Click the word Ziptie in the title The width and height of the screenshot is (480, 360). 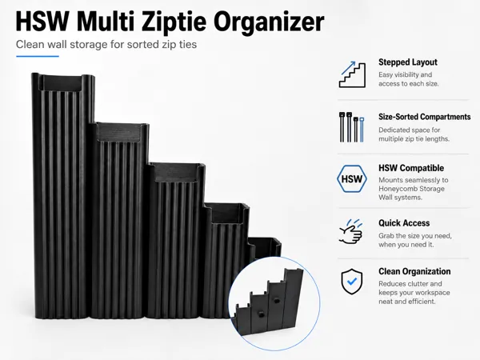point(174,22)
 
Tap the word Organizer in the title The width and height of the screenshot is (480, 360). point(269,22)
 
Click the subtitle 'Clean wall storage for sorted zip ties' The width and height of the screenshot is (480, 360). point(106,44)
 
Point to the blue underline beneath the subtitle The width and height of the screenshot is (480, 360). point(38,56)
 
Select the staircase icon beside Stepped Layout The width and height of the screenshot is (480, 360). point(352,74)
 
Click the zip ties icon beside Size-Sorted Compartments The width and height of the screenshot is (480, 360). point(351,127)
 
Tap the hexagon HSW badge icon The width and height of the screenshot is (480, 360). point(352,178)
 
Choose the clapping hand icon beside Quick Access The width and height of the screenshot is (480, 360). point(351,231)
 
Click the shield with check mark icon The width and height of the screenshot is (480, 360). point(352,282)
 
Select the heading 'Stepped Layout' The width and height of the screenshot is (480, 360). point(408,62)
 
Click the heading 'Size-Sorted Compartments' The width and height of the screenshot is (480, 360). point(424,117)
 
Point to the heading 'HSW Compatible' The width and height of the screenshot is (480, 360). point(411,168)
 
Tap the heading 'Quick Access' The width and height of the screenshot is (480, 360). point(404,223)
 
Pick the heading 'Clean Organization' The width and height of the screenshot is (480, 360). point(414,271)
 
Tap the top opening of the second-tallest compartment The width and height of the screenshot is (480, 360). point(118,132)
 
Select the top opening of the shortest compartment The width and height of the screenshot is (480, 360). point(265,245)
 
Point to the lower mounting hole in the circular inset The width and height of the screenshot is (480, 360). point(261,314)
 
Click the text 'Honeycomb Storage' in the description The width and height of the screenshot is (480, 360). point(411,189)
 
